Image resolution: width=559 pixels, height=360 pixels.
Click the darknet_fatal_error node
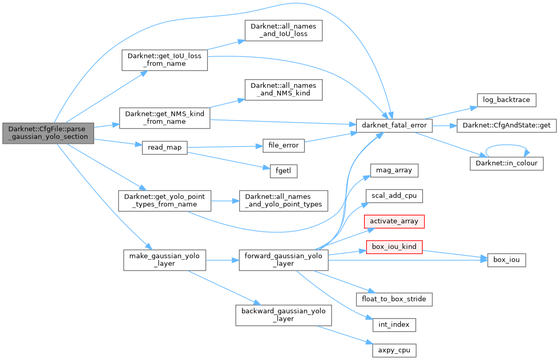point(394,126)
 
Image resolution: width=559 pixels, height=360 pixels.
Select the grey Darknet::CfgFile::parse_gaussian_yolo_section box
point(48,133)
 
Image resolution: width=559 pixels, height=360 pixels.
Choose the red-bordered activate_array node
point(394,221)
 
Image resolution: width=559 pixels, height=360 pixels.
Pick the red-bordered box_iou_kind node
point(394,247)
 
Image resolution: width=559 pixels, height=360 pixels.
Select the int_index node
point(394,325)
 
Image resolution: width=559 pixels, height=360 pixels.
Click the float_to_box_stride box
point(394,299)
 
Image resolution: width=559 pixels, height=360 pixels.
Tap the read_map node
point(164,147)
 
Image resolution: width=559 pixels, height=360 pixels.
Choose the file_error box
point(283,145)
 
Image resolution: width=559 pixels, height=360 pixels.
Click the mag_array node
point(394,170)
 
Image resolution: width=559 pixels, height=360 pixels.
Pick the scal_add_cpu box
point(394,196)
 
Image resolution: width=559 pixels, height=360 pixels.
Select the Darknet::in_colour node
point(506,163)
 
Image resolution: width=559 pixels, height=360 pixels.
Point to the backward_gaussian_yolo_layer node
point(283,314)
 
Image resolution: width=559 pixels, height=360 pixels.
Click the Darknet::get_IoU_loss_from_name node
point(164,60)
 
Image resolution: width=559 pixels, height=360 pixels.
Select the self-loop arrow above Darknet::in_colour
point(506,147)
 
